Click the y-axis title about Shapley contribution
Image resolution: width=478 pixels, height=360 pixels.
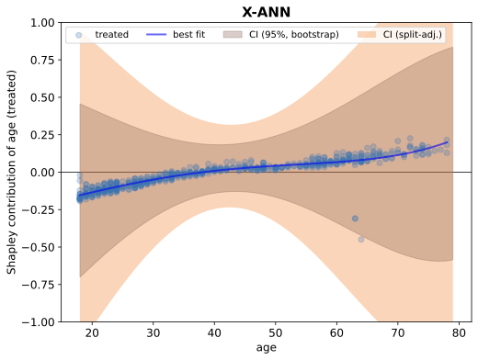(x=12, y=172)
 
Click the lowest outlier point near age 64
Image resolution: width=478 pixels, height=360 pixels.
(x=361, y=239)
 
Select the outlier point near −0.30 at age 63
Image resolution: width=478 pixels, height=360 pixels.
(x=355, y=219)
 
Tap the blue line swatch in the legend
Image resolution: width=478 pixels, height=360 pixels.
(x=154, y=35)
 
